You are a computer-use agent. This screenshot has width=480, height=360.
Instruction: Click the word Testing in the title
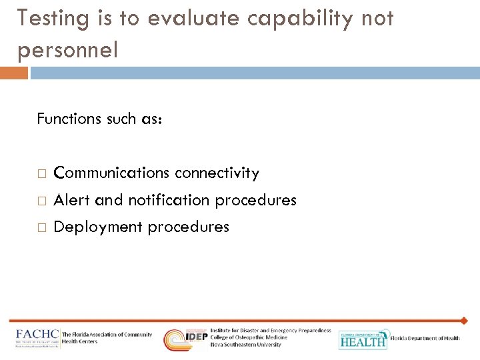(x=53, y=19)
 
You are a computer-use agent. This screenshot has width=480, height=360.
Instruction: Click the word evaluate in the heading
(x=193, y=19)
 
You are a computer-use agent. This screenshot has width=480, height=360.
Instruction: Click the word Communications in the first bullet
(x=111, y=173)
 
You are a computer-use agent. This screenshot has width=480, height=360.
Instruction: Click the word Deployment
(x=98, y=227)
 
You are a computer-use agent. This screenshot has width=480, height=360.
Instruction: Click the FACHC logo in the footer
(x=37, y=338)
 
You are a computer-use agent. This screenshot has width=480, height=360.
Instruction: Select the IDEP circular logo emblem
(x=176, y=339)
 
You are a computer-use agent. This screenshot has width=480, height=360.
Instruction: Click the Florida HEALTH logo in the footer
(x=363, y=339)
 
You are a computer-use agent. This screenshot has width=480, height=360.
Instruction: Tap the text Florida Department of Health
(x=425, y=339)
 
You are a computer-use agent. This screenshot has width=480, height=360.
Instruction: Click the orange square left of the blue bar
(x=13, y=73)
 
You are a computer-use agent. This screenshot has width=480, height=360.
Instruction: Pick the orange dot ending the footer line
(x=464, y=321)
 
